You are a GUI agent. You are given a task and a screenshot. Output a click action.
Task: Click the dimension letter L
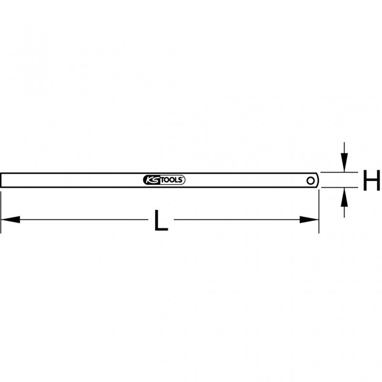162,221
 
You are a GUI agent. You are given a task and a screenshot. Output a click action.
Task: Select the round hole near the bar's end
311,180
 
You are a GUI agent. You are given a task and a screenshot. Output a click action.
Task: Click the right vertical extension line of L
318,210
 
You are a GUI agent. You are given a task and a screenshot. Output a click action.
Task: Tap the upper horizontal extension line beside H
339,172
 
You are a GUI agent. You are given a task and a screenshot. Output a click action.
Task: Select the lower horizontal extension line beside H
339,188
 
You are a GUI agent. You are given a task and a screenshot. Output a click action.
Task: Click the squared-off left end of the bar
2,180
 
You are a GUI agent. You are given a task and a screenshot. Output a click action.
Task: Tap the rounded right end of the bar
317,180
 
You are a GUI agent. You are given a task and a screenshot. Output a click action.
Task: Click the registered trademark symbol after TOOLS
183,178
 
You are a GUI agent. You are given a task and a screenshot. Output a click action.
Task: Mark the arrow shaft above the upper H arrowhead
344,149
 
